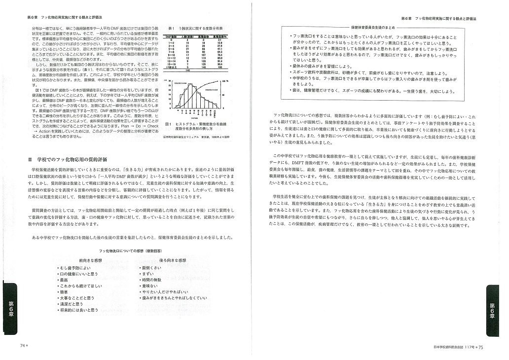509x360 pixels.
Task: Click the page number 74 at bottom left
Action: pyautogui.click(x=23, y=346)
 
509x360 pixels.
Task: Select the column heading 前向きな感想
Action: pyautogui.click(x=90, y=260)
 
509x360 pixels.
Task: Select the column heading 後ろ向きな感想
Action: pyautogui.click(x=173, y=260)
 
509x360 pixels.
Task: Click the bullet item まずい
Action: pyautogui.click(x=147, y=273)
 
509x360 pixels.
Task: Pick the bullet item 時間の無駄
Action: pyautogui.click(x=150, y=280)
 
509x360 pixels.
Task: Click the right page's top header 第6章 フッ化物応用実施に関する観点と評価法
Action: pyautogui.click(x=442, y=18)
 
